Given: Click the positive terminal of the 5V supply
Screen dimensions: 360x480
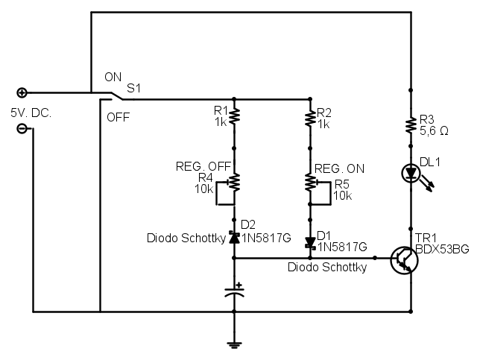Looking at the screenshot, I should [22, 92].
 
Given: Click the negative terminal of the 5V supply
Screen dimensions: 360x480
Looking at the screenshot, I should [22, 128].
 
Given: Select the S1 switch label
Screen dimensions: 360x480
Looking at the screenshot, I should [133, 88].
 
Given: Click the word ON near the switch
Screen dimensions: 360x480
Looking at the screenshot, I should [113, 78].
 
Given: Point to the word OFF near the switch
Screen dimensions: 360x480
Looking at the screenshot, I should [118, 117].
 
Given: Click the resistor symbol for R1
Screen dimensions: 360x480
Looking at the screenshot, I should [235, 116].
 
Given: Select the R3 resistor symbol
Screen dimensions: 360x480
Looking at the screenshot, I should [411, 124].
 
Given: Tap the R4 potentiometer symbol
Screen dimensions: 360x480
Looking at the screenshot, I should [233, 181].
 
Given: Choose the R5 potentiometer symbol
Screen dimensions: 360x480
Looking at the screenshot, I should [311, 181].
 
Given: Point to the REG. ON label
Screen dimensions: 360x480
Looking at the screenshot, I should [339, 168].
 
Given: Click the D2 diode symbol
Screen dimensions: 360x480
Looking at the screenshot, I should [235, 238].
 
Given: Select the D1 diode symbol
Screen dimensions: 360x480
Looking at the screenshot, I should [309, 243].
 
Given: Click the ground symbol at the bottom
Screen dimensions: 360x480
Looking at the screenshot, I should [235, 344].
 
